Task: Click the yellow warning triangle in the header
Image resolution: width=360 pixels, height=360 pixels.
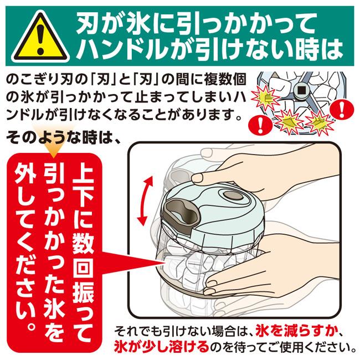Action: [x=40, y=38]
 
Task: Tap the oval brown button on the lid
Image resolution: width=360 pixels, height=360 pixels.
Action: [x=233, y=196]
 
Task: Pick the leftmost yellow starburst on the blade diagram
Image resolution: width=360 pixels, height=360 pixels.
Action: [x=266, y=98]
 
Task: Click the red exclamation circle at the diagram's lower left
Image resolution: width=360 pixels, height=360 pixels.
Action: [x=260, y=126]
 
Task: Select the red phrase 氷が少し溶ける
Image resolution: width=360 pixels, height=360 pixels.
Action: [x=161, y=347]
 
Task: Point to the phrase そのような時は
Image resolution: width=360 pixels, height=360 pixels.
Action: [x=60, y=138]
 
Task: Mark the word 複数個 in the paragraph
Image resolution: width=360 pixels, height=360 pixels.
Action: [x=225, y=80]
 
